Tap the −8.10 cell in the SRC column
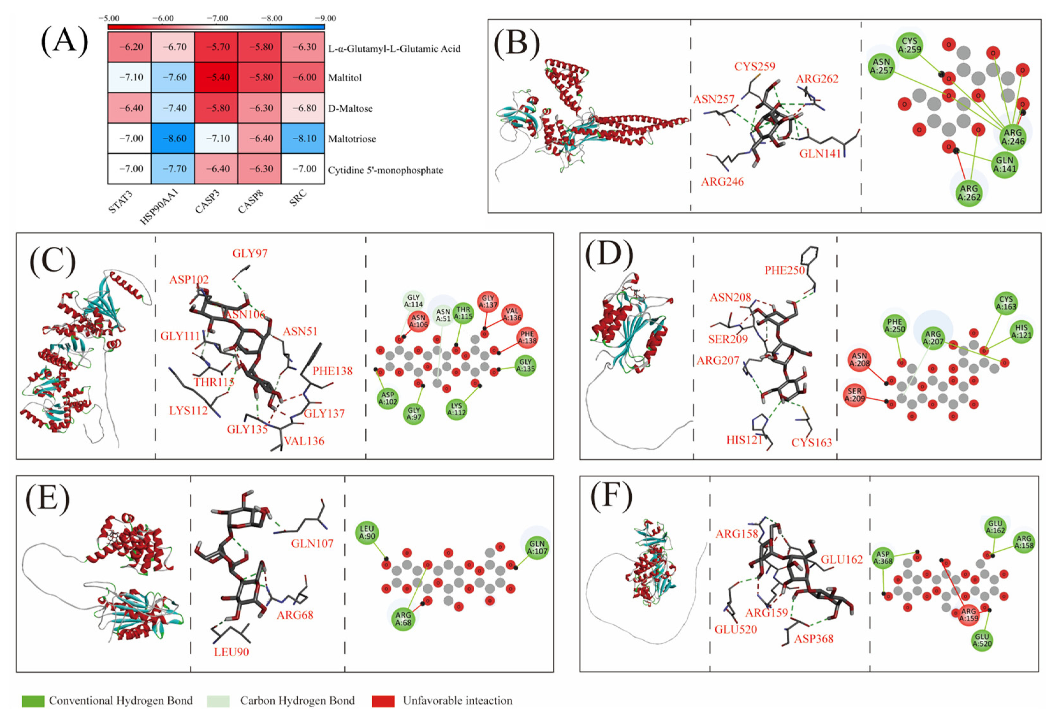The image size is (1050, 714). point(303,138)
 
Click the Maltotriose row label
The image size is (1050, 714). point(352,139)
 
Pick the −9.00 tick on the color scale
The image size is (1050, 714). point(325,18)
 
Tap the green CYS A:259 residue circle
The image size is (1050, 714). point(909,45)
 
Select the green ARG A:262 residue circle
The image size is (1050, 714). point(969,193)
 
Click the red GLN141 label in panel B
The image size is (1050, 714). point(820,154)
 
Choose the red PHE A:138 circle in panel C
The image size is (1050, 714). point(527,338)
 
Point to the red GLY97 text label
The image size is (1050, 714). point(250,253)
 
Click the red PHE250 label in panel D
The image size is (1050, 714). point(785,270)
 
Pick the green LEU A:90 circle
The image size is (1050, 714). point(367,532)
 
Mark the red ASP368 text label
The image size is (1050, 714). point(814,638)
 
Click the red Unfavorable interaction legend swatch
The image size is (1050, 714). point(383,701)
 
